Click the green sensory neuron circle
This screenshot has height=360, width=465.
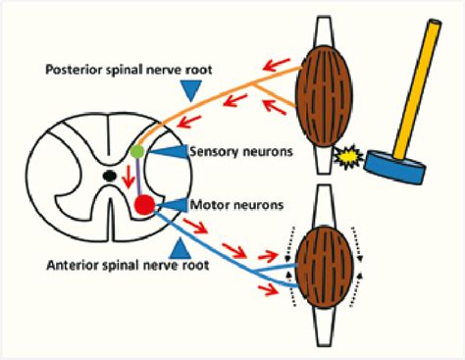point(137,152)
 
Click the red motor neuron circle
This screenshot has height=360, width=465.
point(144,205)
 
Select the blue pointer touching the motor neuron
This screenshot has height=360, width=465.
point(173,204)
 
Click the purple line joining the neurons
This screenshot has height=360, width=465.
point(140,178)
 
